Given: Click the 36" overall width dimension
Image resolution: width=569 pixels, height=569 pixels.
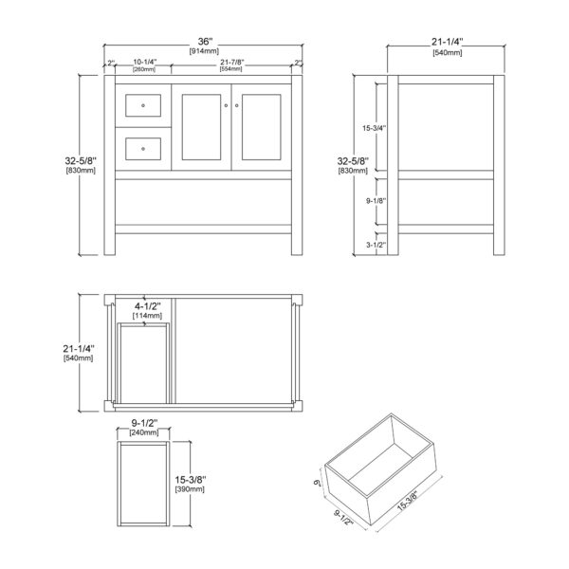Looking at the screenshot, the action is [x=205, y=42].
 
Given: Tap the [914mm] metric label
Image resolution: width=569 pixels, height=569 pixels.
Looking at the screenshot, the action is [x=204, y=51].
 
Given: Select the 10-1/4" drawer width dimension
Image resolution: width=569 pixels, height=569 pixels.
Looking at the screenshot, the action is [x=145, y=62].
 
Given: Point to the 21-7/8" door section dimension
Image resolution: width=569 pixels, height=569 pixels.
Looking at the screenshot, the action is [x=232, y=62].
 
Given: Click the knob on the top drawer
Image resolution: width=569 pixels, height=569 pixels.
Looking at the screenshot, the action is [x=143, y=105].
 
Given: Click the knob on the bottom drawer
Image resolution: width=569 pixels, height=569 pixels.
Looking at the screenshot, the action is [x=143, y=149].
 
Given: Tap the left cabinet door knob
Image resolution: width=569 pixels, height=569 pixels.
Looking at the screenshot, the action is [x=226, y=105].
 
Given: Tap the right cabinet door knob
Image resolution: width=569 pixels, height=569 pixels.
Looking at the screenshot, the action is [x=236, y=105].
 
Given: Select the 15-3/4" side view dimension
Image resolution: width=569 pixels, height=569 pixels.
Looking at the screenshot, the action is [x=374, y=128].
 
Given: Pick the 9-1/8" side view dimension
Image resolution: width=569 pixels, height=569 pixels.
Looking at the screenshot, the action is [x=376, y=201].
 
